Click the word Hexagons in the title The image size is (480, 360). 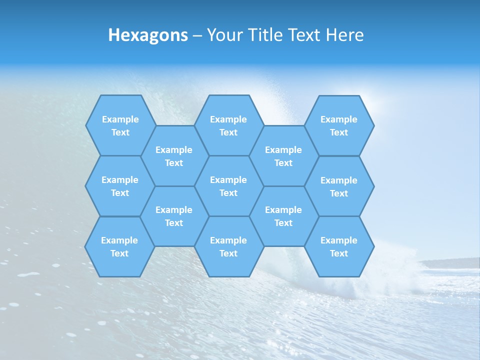pyautogui.click(x=148, y=35)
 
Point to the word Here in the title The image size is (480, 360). pyautogui.click(x=345, y=35)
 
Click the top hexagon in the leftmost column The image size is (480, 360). pyautogui.click(x=120, y=125)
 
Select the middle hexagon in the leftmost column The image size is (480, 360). pyautogui.click(x=120, y=186)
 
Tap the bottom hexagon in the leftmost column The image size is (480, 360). pyautogui.click(x=119, y=246)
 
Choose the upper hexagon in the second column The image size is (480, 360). pyautogui.click(x=174, y=156)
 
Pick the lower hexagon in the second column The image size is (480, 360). pyautogui.click(x=174, y=216)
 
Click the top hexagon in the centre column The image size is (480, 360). pyautogui.click(x=228, y=125)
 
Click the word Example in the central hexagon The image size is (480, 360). pyautogui.click(x=228, y=180)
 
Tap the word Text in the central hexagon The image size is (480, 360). pyautogui.click(x=228, y=193)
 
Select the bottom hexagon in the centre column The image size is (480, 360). pyautogui.click(x=228, y=246)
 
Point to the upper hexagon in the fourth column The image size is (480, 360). pyautogui.click(x=283, y=156)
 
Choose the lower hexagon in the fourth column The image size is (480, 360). pyautogui.click(x=283, y=216)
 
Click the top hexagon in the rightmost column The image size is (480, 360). pyautogui.click(x=339, y=125)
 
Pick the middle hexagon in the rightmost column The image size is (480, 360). pyautogui.click(x=339, y=186)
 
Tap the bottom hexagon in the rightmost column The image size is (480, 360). pyautogui.click(x=339, y=246)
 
